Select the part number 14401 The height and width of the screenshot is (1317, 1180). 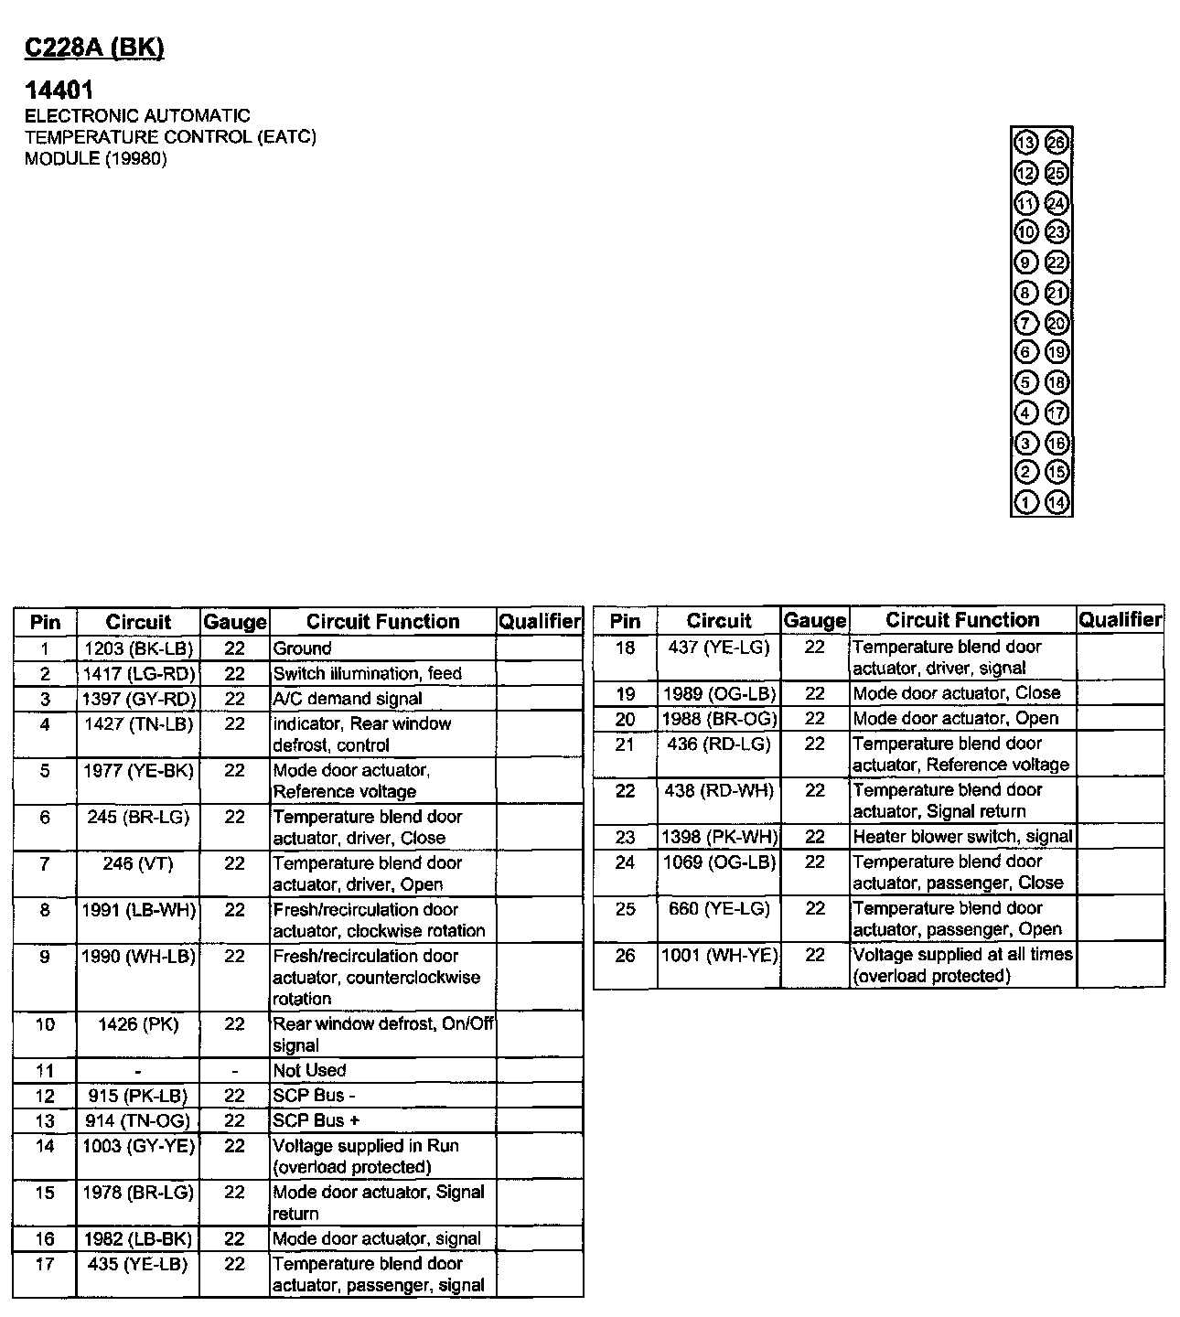pyautogui.click(x=59, y=90)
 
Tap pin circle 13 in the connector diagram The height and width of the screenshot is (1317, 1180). pyautogui.click(x=1026, y=143)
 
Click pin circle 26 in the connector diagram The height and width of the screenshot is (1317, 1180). pyautogui.click(x=1057, y=143)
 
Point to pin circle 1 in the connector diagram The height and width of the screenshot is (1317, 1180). pyautogui.click(x=1026, y=501)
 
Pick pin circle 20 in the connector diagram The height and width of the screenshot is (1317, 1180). pyautogui.click(x=1057, y=323)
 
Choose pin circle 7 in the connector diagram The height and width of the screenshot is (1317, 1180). pyautogui.click(x=1026, y=323)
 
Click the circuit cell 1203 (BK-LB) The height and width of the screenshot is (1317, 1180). pyautogui.click(x=138, y=648)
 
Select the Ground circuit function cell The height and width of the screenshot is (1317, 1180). pyautogui.click(x=303, y=648)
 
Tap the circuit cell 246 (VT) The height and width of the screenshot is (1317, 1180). pyautogui.click(x=138, y=863)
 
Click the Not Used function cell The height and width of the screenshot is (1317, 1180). pyautogui.click(x=310, y=1070)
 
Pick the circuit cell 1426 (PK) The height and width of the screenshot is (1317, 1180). pyautogui.click(x=138, y=1024)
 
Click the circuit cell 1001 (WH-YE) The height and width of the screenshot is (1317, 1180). pyautogui.click(x=719, y=955)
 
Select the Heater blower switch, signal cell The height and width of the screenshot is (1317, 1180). pyautogui.click(x=962, y=836)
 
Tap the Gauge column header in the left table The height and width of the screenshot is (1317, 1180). pyautogui.click(x=235, y=622)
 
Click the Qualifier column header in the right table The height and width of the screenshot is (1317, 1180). pyautogui.click(x=1120, y=620)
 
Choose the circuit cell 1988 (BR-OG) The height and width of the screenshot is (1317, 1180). pyautogui.click(x=719, y=719)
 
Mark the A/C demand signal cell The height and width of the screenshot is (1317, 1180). pyautogui.click(x=348, y=699)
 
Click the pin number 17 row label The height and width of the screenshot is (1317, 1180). pyautogui.click(x=45, y=1264)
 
